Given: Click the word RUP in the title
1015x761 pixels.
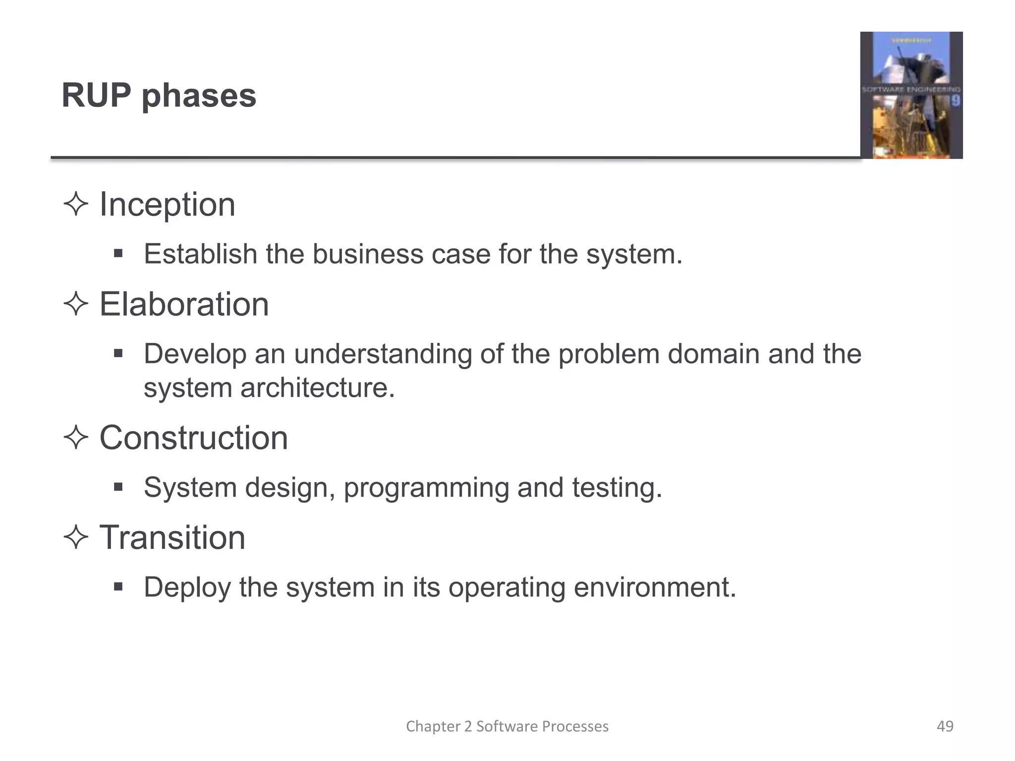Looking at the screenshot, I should coord(96,95).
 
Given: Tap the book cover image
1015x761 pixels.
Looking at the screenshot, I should coord(911,95).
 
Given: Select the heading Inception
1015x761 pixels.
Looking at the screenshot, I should coord(167,205).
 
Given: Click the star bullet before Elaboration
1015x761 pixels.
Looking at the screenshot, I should coord(76,304).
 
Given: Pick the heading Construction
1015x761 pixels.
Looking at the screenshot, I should coord(193,438).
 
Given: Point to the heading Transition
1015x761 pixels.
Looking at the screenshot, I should coord(172,538).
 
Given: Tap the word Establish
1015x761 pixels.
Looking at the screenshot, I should coord(200,254).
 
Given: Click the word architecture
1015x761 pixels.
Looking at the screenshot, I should coord(317,387).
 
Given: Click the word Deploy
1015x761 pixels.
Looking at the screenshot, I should coord(187,588).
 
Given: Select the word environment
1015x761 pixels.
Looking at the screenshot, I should coord(655,588).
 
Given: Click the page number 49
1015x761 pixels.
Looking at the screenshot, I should coord(945,726).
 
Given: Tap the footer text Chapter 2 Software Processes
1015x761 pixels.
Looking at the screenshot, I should coord(507,726).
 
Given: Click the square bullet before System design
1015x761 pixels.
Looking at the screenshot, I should coord(118,488).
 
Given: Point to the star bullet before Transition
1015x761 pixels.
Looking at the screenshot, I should coord(76,538).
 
